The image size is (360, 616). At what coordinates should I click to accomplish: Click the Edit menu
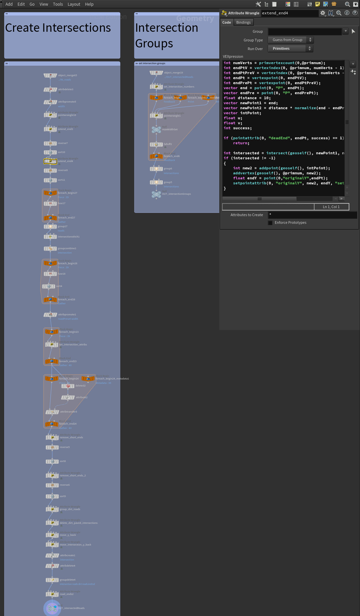click(x=21, y=4)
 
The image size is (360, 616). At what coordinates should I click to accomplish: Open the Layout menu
click(x=74, y=4)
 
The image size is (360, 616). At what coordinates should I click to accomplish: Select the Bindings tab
click(x=243, y=22)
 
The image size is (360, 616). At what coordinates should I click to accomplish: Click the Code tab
click(x=227, y=22)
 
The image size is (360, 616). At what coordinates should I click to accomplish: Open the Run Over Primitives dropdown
click(x=290, y=49)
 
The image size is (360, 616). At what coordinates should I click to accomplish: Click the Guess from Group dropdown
click(x=290, y=40)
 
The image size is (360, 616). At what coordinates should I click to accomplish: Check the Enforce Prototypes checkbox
click(x=270, y=223)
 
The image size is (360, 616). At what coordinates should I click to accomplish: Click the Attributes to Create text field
click(x=312, y=215)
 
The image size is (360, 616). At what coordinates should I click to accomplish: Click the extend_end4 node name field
click(x=289, y=13)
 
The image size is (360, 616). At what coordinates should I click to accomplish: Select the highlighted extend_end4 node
click(x=50, y=161)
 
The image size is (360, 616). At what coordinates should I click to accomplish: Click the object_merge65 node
click(x=50, y=75)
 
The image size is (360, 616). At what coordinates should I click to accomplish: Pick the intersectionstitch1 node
click(x=50, y=237)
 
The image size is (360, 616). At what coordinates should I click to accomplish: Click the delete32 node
click(x=68, y=386)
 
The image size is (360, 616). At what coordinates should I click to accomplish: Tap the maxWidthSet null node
click(x=156, y=130)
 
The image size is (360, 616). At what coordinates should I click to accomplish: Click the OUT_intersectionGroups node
click(x=156, y=194)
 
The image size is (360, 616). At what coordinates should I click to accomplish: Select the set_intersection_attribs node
click(x=51, y=345)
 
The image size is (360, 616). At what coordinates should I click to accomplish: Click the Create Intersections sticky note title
click(x=58, y=28)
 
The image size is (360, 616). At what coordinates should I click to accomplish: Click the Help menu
click(x=89, y=4)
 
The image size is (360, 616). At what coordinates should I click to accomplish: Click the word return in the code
click(x=241, y=143)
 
